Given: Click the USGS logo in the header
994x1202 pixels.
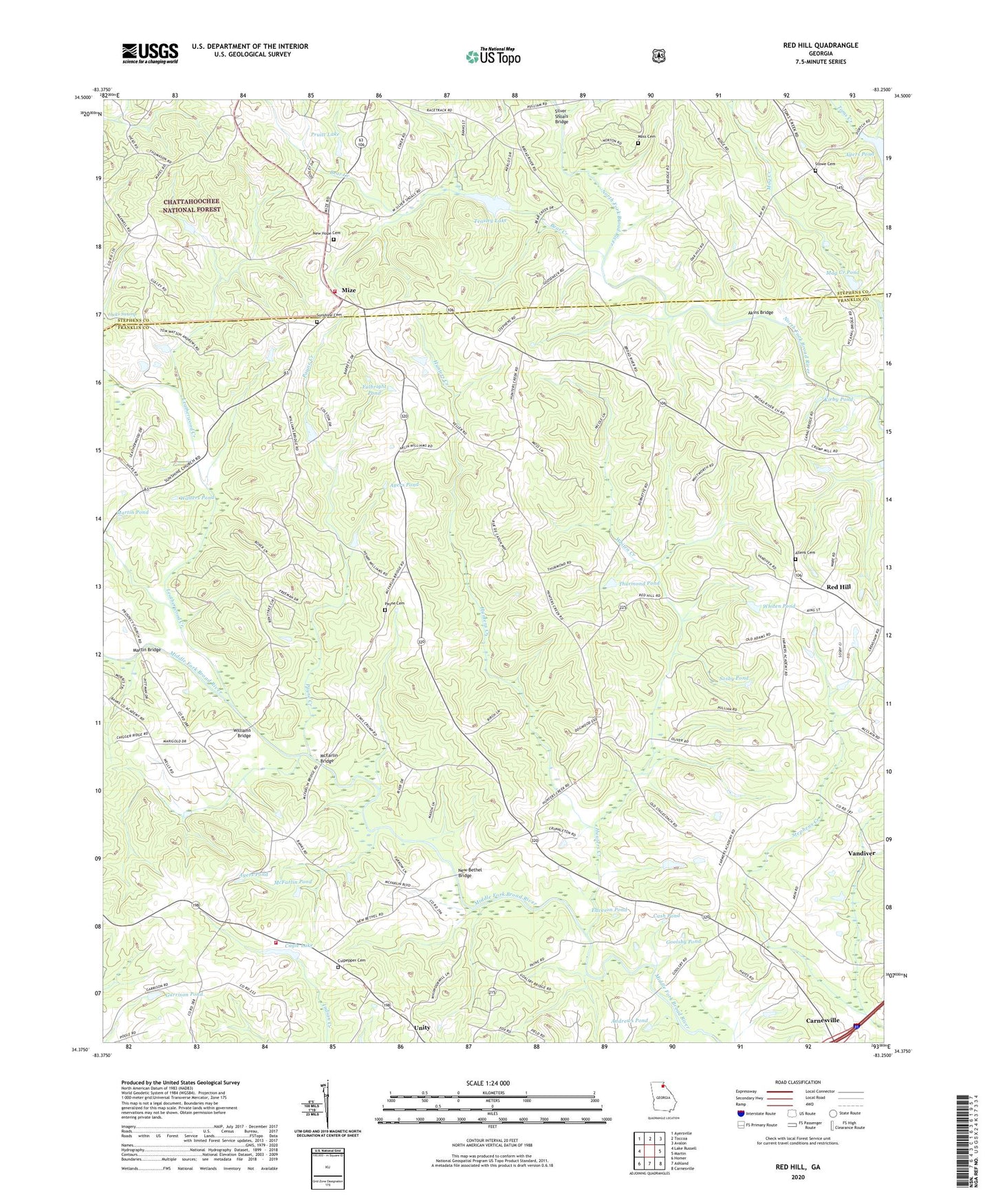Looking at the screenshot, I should coord(150,53).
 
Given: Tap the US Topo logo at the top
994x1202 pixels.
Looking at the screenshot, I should coord(493,56).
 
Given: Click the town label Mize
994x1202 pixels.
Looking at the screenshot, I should coord(349,291).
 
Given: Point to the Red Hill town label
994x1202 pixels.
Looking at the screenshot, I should coord(838,587).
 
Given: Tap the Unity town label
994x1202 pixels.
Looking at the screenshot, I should coord(422,1028).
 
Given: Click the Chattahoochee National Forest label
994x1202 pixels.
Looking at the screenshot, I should coord(192,205).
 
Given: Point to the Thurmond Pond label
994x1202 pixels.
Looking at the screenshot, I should coord(639,583).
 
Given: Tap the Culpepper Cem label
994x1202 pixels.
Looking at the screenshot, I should coord(351,960).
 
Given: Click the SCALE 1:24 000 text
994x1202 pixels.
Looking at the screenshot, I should coord(488,1083).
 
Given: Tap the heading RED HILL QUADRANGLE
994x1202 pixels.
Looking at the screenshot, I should coord(820,45).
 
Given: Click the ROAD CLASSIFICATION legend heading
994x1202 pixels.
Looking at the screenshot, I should coord(797,1082).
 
